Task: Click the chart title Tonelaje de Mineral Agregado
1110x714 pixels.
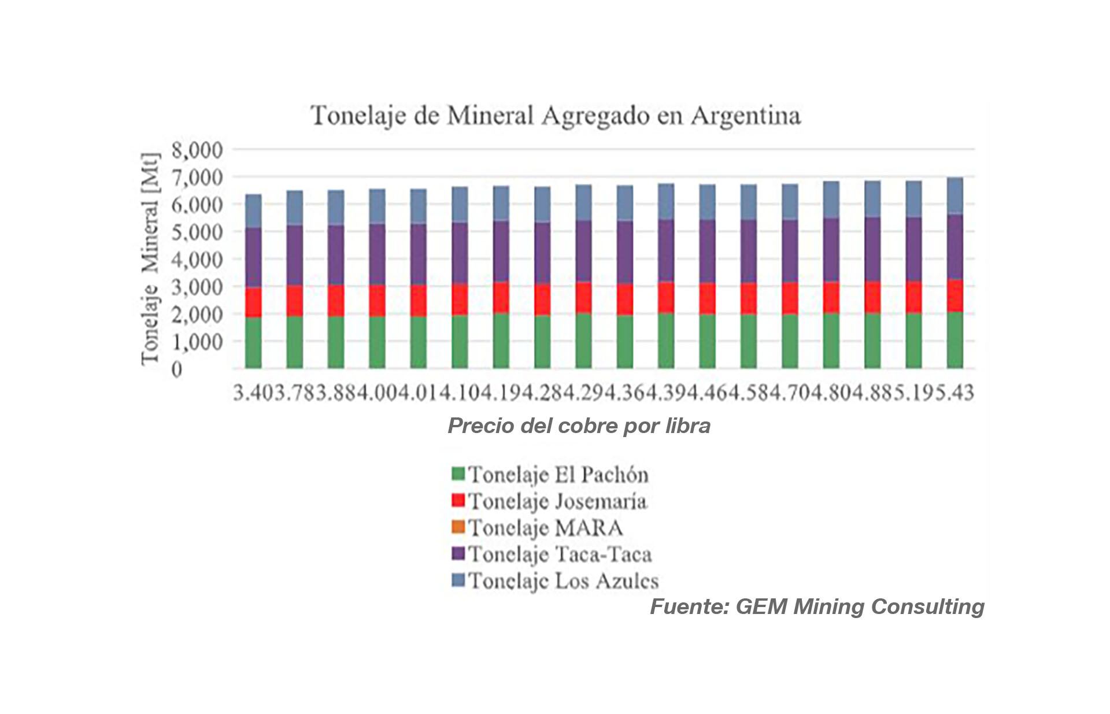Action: [x=555, y=116]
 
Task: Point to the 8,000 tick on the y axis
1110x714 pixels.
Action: [x=197, y=150]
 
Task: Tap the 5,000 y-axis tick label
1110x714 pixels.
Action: [x=197, y=232]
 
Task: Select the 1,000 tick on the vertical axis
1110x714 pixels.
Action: [x=197, y=342]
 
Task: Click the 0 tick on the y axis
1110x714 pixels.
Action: [x=177, y=369]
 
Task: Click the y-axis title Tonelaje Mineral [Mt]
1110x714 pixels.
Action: [x=150, y=258]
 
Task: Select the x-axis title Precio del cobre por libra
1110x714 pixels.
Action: [x=579, y=426]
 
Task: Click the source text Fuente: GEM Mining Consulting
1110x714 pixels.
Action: [x=817, y=606]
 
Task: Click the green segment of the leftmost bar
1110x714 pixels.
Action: [x=253, y=342]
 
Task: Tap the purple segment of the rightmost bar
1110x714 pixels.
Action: [x=954, y=247]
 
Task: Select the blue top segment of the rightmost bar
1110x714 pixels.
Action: [x=954, y=196]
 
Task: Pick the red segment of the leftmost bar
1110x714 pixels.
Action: [x=253, y=302]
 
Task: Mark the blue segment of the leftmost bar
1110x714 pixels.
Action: [x=253, y=211]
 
